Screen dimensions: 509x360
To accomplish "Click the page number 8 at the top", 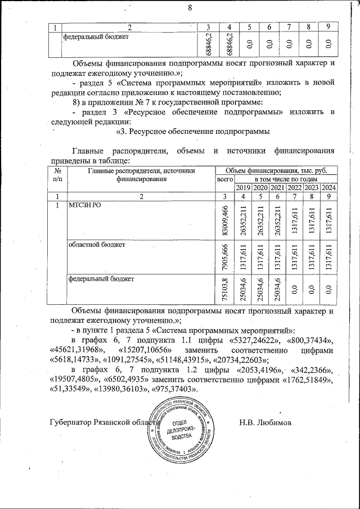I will [190, 8].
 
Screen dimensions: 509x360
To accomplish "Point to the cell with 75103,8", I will [224, 289].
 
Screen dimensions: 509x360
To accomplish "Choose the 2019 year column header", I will [243, 187].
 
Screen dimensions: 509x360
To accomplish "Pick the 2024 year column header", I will [330, 187].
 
